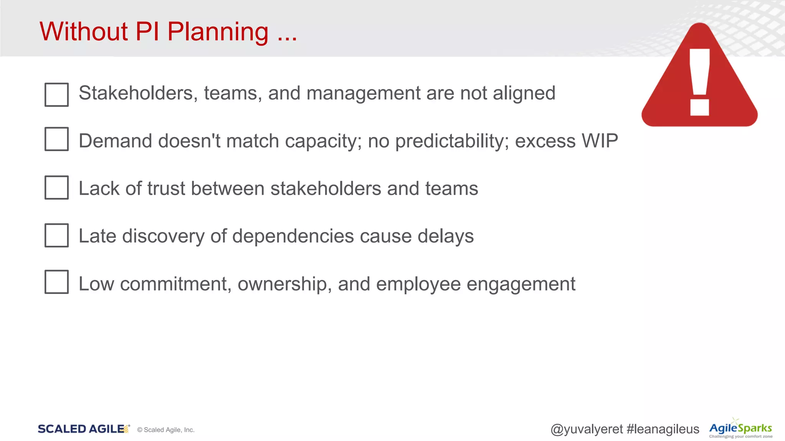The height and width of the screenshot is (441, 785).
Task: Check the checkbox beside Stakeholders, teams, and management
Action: point(57,95)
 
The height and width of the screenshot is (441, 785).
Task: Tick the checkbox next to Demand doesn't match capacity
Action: point(57,139)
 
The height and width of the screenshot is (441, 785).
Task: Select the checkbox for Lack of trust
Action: point(57,188)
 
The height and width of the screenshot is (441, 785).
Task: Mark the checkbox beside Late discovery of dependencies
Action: point(57,235)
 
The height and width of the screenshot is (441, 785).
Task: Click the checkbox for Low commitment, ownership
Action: point(57,282)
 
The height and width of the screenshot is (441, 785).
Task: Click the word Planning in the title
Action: point(218,32)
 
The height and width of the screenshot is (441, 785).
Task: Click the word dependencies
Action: point(293,236)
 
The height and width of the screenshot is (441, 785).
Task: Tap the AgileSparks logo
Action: point(740,429)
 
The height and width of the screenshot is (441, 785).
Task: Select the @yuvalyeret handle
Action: point(586,429)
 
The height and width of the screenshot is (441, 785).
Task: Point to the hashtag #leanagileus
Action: point(663,429)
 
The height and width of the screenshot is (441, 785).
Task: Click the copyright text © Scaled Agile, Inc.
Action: point(166,430)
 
